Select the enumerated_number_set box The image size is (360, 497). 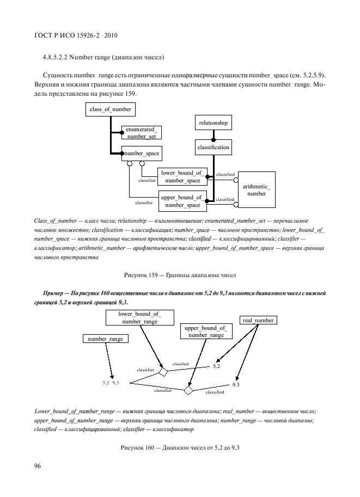tap(141, 133)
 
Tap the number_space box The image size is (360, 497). tap(141, 154)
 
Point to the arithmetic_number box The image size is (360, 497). tap(256, 190)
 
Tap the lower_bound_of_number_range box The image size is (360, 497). tap(139, 317)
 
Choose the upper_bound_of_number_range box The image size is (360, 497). tap(206, 332)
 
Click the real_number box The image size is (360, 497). tap(258, 320)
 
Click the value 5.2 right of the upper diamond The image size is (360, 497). tap(216, 366)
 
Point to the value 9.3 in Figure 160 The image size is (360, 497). tap(235, 384)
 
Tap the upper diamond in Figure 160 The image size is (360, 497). tap(162, 371)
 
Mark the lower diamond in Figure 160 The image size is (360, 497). tap(188, 391)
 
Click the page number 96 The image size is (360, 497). tap(38, 466)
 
